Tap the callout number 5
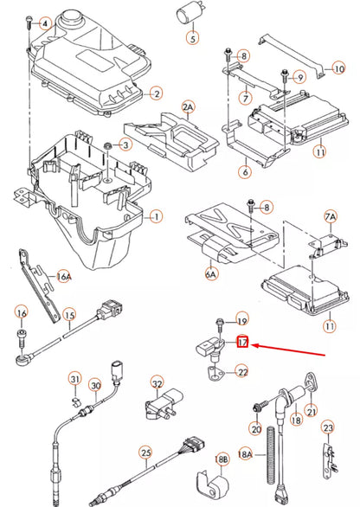192,38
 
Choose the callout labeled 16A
62,276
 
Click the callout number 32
157,382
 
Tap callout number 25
145,452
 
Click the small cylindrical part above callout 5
189,14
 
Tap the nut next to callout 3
107,144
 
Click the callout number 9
300,77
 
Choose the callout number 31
75,382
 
